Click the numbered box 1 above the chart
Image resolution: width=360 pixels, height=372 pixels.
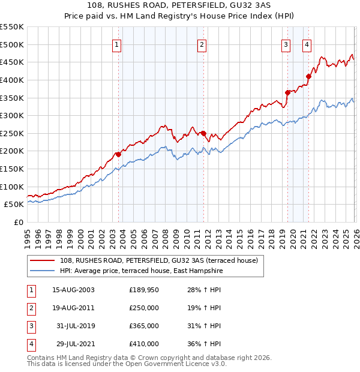[x=116, y=44]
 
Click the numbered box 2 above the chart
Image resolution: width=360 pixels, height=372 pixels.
[x=202, y=44]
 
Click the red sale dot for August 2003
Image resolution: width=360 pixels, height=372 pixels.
[x=118, y=154]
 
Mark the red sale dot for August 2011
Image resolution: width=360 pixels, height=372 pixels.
[x=203, y=133]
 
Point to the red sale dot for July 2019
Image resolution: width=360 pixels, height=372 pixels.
[x=287, y=92]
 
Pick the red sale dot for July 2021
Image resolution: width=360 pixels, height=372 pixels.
[x=308, y=76]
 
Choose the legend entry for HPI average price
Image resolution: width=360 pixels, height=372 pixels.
[x=141, y=271]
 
